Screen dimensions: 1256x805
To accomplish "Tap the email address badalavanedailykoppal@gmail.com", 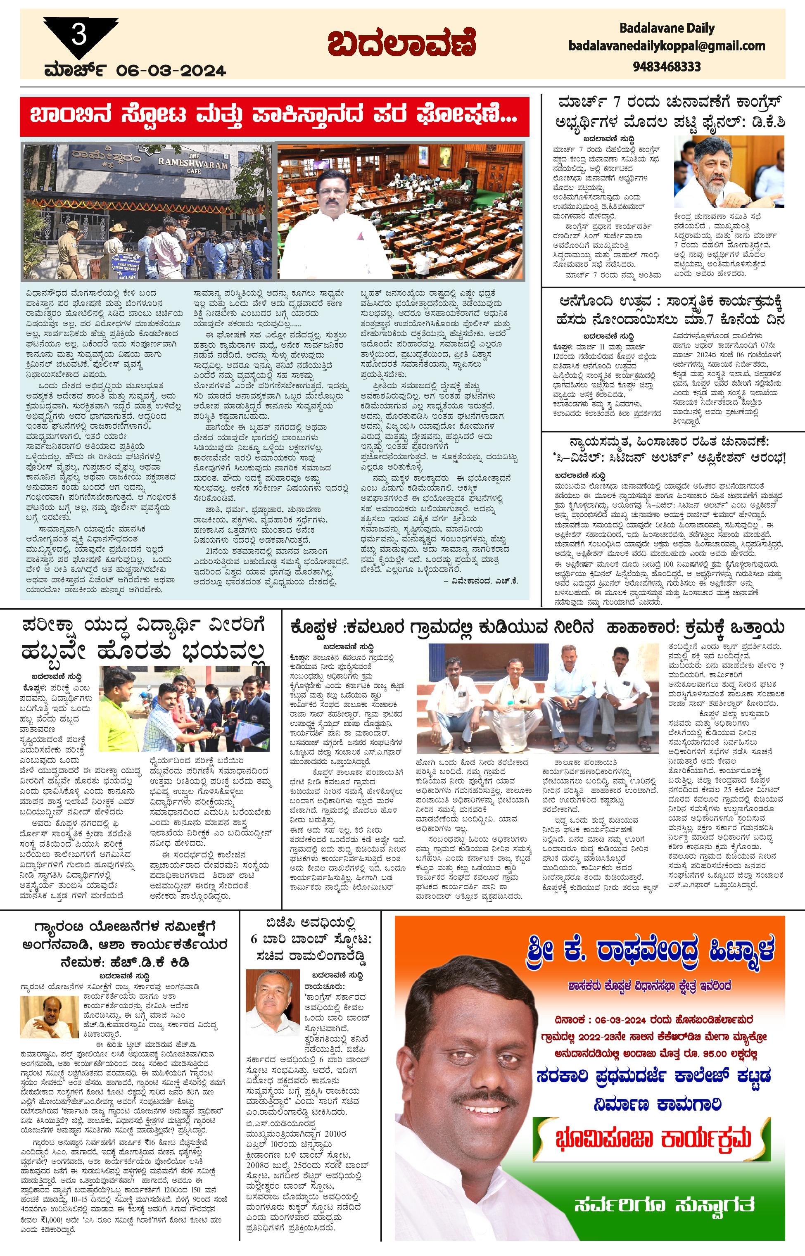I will click(667, 46).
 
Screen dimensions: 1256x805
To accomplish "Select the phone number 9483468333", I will click(667, 67).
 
